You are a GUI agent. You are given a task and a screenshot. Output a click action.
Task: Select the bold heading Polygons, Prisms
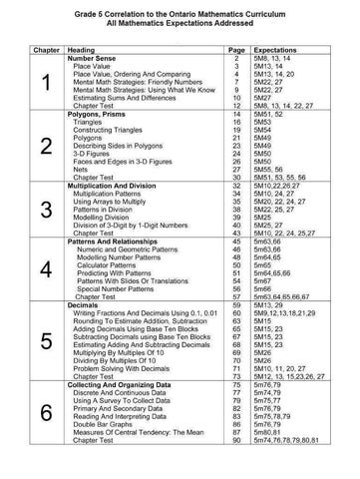tap(102, 142)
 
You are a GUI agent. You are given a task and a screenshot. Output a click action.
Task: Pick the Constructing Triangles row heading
tap(114, 158)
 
